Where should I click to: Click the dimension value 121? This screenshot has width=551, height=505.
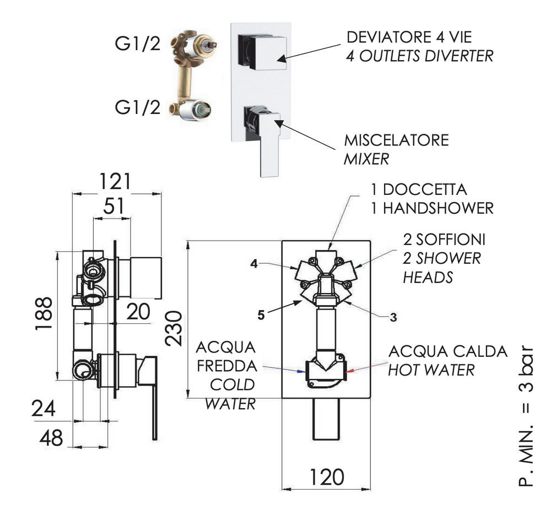pyautogui.click(x=115, y=182)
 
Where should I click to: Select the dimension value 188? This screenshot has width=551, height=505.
pyautogui.click(x=44, y=313)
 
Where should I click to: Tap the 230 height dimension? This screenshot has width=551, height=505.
pyautogui.click(x=174, y=329)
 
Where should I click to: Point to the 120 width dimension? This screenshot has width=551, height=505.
pyautogui.click(x=326, y=477)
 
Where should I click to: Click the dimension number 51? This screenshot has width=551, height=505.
pyautogui.click(x=114, y=206)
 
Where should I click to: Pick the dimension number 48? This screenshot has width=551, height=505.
pyautogui.click(x=51, y=438)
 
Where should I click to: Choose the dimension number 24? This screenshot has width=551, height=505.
pyautogui.click(x=43, y=409)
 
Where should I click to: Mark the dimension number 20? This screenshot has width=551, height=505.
pyautogui.click(x=138, y=311)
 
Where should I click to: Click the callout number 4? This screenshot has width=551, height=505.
pyautogui.click(x=254, y=264)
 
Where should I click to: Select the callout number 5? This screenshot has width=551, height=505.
pyautogui.click(x=261, y=316)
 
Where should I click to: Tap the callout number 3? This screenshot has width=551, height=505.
pyautogui.click(x=393, y=317)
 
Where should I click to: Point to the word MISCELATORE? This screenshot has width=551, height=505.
pyautogui.click(x=396, y=140)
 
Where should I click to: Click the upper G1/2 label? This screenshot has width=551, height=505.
pyautogui.click(x=137, y=44)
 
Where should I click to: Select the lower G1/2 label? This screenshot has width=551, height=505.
pyautogui.click(x=137, y=107)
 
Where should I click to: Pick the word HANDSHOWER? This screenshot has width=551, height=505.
pyautogui.click(x=438, y=209)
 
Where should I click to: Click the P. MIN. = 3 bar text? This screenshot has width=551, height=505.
pyautogui.click(x=526, y=416)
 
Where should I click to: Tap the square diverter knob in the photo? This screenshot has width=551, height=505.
pyautogui.click(x=262, y=52)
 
